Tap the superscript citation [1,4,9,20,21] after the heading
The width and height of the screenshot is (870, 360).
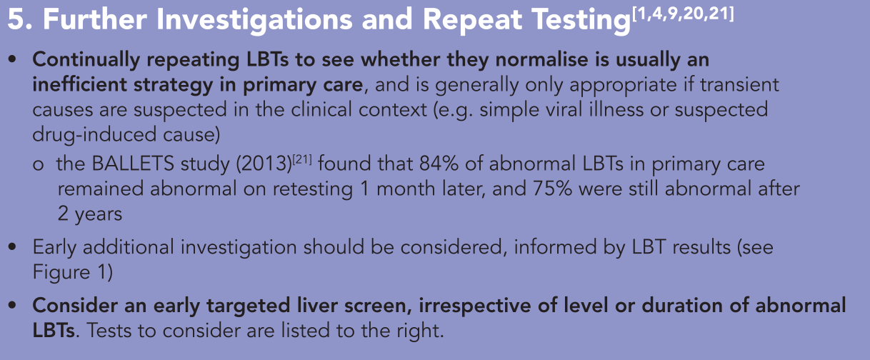[683, 14]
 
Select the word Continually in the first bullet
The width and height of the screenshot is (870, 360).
[86, 60]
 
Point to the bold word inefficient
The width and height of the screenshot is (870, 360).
[79, 85]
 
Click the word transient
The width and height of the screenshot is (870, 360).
[739, 85]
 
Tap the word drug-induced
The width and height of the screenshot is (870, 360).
[94, 135]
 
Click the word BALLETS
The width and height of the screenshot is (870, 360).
[133, 164]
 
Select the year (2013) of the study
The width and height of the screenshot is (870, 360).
[264, 164]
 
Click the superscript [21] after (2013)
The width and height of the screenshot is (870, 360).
[302, 159]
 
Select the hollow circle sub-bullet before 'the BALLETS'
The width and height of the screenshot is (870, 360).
[38, 165]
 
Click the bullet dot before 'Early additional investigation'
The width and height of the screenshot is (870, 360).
[12, 247]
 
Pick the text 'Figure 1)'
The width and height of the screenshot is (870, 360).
[73, 272]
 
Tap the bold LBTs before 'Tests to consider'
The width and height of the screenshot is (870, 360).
[54, 331]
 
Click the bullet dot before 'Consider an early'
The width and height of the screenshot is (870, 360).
[12, 306]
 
